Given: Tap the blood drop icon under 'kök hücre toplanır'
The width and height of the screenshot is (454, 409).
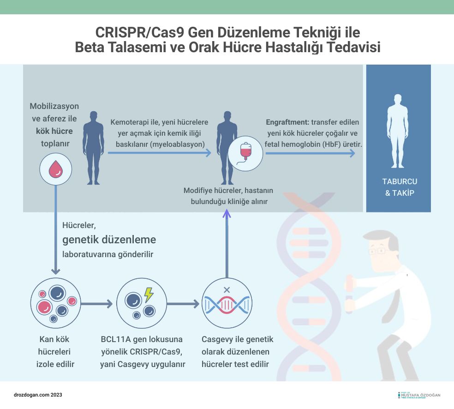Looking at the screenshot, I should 56,168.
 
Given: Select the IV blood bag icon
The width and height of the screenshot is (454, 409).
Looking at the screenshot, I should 245,153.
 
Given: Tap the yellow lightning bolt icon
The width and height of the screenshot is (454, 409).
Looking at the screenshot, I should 149,295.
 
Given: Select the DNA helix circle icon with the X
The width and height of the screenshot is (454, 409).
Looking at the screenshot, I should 227,303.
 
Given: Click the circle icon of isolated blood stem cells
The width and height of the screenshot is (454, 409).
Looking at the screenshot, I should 56,303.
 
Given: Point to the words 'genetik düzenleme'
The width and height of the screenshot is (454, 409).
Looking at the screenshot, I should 109,240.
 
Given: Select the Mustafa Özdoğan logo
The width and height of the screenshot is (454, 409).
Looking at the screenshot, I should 419,395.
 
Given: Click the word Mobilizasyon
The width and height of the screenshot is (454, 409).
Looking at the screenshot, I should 54,107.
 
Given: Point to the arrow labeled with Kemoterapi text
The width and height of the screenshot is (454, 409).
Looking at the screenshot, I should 159,153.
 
